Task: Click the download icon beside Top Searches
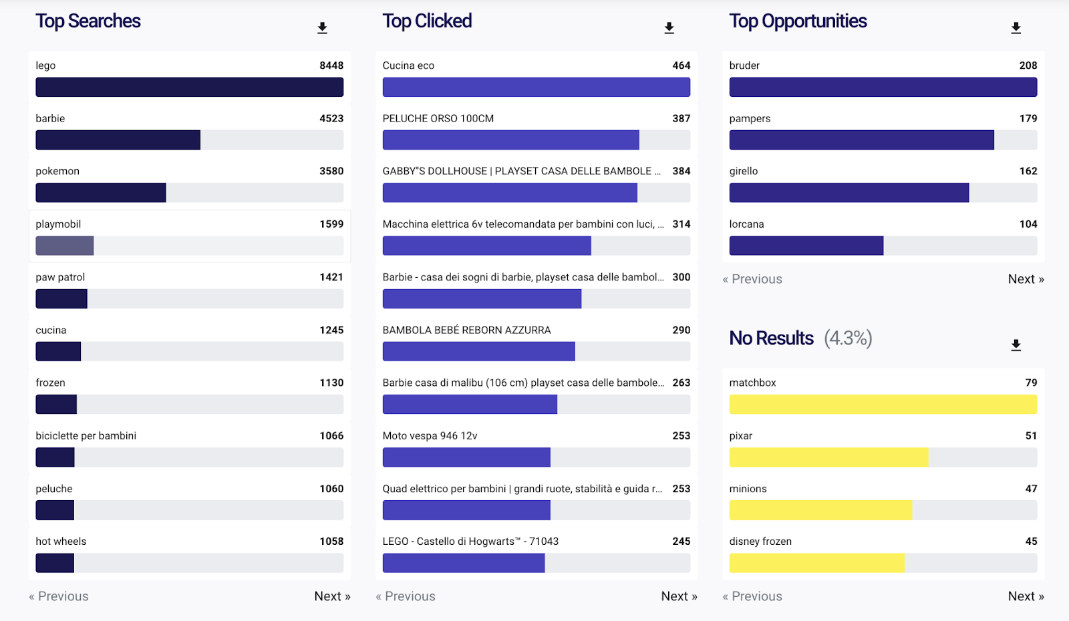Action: pyautogui.click(x=322, y=28)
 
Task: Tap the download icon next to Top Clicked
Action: pyautogui.click(x=669, y=28)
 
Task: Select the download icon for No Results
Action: pyautogui.click(x=1016, y=345)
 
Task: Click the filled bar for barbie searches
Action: pyautogui.click(x=118, y=140)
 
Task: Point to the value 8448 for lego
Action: pyautogui.click(x=331, y=65)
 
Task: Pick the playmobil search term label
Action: pyautogui.click(x=58, y=224)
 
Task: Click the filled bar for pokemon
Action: pyautogui.click(x=100, y=193)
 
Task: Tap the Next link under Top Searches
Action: pyautogui.click(x=332, y=596)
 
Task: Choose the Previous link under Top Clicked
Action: pyautogui.click(x=406, y=596)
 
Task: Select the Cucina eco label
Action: pyautogui.click(x=408, y=65)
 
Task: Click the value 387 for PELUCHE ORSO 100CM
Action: pyautogui.click(x=681, y=118)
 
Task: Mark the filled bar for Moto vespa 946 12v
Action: pyautogui.click(x=466, y=457)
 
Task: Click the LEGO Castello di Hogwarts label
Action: pyautogui.click(x=470, y=542)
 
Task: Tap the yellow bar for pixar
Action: pyautogui.click(x=828, y=457)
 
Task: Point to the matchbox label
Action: pyautogui.click(x=752, y=383)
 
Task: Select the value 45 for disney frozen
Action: pyautogui.click(x=1031, y=542)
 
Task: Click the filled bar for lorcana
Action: pyautogui.click(x=806, y=246)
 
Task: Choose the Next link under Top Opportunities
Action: pyautogui.click(x=1026, y=279)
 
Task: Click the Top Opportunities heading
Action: pyautogui.click(x=798, y=21)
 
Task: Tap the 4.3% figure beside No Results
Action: pyautogui.click(x=848, y=339)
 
